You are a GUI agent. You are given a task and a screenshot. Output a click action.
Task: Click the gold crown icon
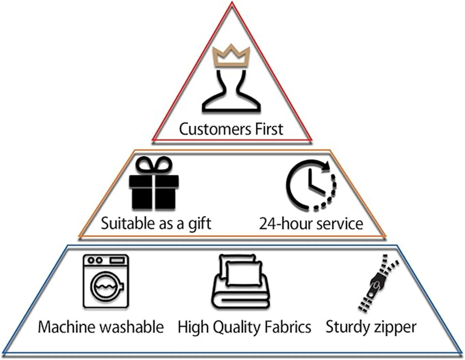point(232,56)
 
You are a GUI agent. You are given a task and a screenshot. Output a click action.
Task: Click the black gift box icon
point(154,188)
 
